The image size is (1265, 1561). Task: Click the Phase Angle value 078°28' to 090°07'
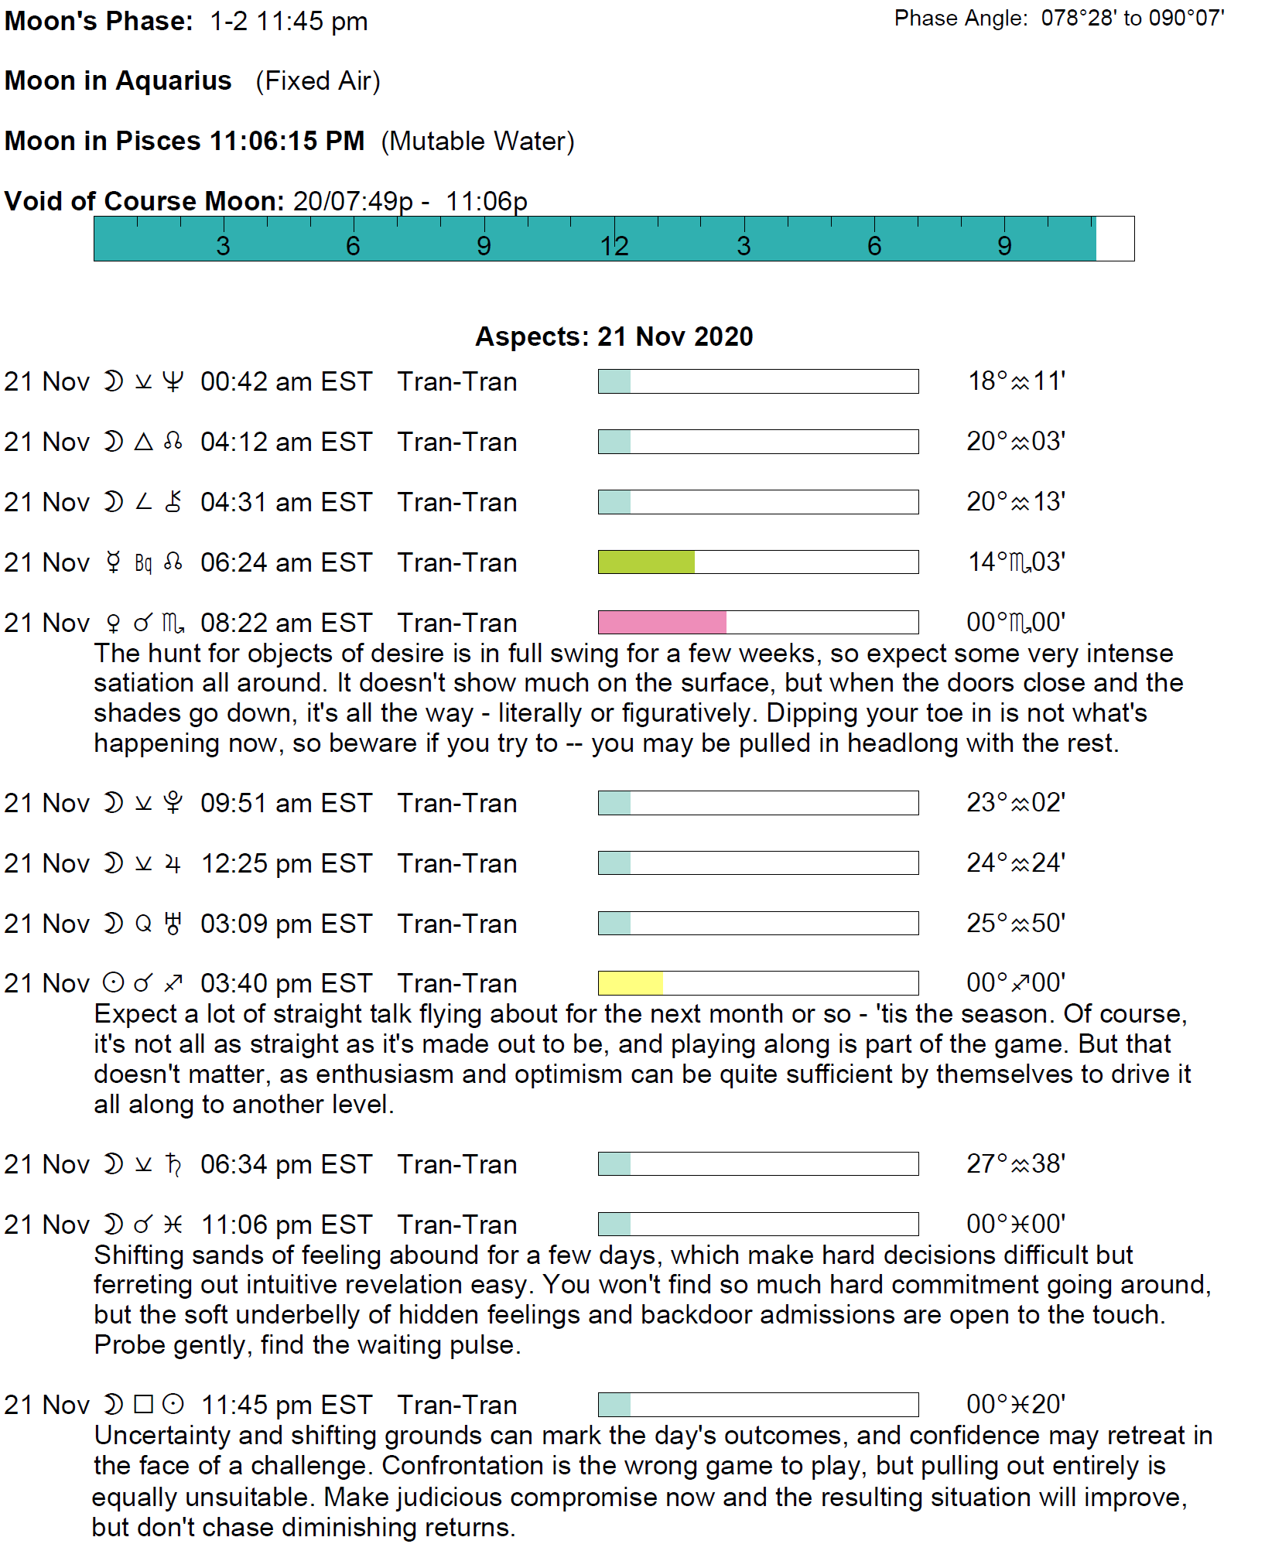(x=1132, y=18)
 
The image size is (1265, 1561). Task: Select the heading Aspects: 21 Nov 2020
(x=614, y=336)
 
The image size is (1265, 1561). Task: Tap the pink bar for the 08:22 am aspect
(x=662, y=623)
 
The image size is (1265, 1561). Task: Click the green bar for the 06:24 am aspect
(x=646, y=562)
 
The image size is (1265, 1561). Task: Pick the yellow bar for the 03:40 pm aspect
(x=631, y=983)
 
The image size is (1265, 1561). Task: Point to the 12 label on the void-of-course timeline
(x=614, y=246)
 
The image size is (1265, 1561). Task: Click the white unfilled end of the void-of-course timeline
(x=1115, y=239)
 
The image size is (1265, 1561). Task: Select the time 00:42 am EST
(x=286, y=381)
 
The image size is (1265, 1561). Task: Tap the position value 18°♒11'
(x=1016, y=381)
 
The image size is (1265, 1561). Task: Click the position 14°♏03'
(x=1016, y=562)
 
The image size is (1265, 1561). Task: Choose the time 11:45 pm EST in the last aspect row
(x=286, y=1405)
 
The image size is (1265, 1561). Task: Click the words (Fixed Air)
(x=318, y=80)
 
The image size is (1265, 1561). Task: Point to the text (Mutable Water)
(x=477, y=141)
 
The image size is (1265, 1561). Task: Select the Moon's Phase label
(x=98, y=21)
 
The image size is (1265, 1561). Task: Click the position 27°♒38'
(x=1016, y=1164)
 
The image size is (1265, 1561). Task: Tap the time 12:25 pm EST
(x=286, y=863)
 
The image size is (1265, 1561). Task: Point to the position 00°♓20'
(x=1016, y=1405)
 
